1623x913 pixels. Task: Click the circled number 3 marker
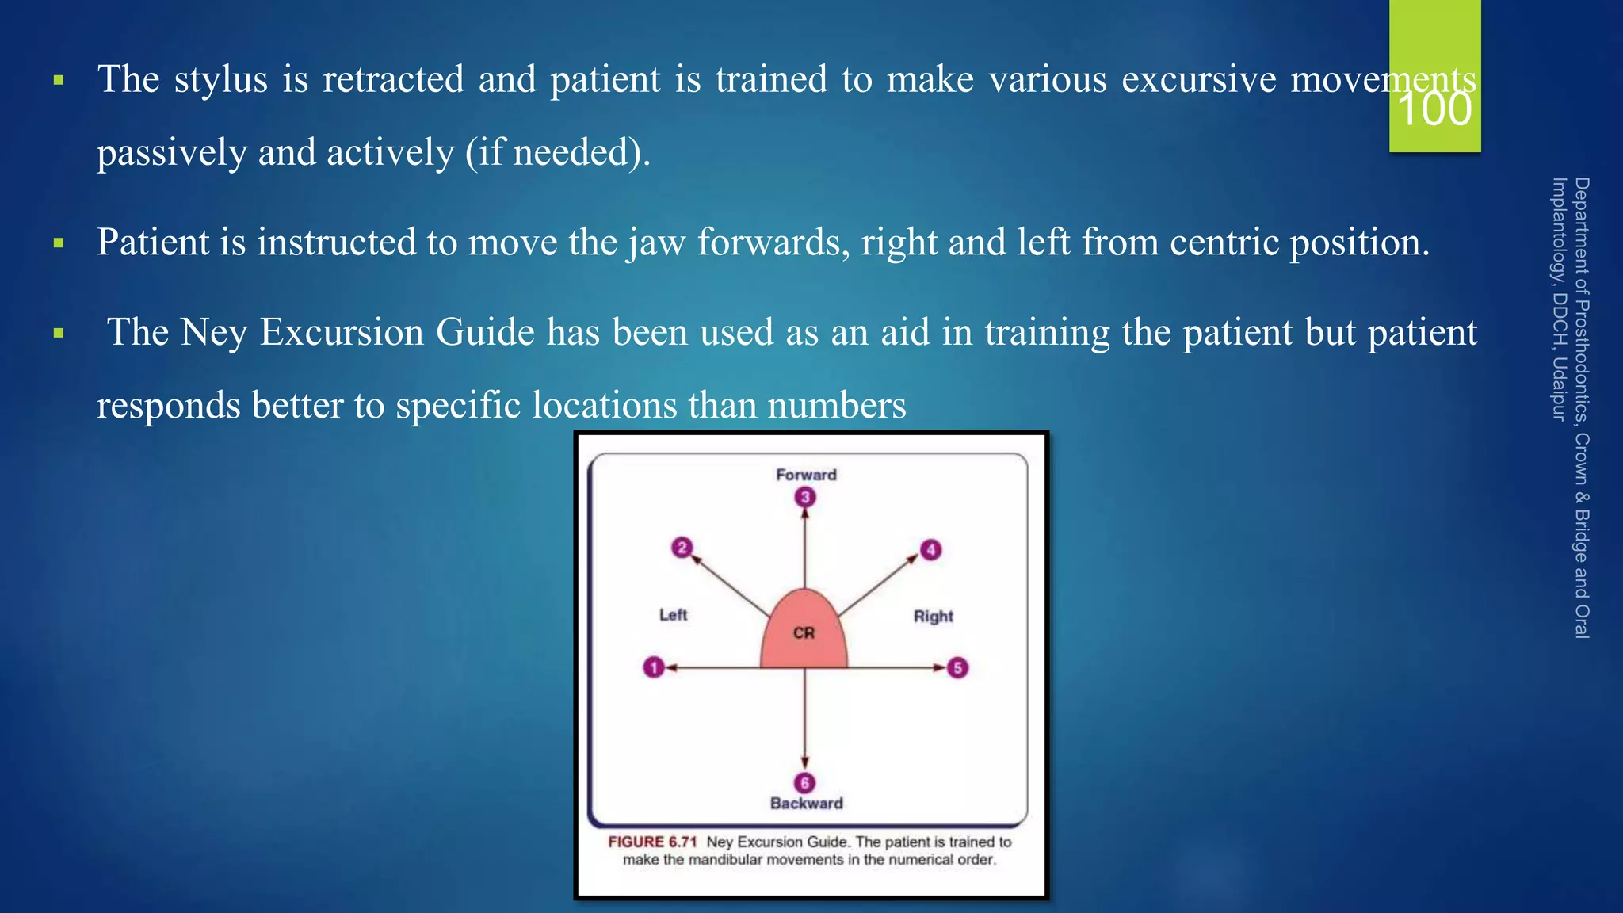click(x=805, y=497)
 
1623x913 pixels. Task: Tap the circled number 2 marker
click(x=682, y=548)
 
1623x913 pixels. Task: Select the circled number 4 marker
click(x=930, y=549)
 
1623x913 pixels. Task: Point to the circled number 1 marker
click(x=653, y=667)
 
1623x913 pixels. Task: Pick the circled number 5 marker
click(x=957, y=667)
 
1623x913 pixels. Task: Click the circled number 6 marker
click(x=805, y=783)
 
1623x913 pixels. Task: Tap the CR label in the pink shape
click(x=804, y=632)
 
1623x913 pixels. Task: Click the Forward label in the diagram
click(x=806, y=475)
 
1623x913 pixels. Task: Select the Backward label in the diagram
click(x=807, y=803)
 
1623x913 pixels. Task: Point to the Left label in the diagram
click(x=673, y=614)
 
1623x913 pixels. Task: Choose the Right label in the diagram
click(x=933, y=616)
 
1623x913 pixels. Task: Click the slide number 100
click(x=1434, y=109)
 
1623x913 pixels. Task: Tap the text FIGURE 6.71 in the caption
click(x=652, y=842)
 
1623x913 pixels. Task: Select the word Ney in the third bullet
click(x=213, y=332)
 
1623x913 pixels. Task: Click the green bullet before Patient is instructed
click(x=59, y=243)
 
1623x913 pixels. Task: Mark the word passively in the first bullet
click(x=172, y=153)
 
